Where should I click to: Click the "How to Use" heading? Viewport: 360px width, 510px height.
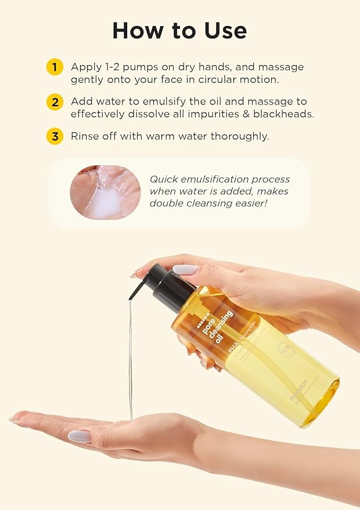(179, 30)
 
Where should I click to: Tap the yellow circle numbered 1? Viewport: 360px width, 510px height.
(54, 67)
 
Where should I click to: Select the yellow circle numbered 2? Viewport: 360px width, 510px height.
(54, 102)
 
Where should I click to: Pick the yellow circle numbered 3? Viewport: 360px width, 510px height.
(54, 137)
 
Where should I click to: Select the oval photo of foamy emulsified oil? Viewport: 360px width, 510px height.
(105, 192)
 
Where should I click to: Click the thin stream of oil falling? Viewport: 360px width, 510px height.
(130, 360)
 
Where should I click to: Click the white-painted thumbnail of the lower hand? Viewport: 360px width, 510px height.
(80, 436)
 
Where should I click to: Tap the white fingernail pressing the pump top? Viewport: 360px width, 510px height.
(185, 269)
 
